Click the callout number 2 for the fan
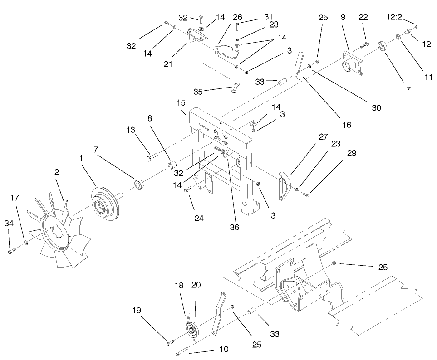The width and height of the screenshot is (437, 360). click(57, 172)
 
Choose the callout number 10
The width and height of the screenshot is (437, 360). click(224, 350)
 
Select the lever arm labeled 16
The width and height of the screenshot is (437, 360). click(298, 64)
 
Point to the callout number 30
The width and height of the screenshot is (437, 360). click(376, 108)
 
